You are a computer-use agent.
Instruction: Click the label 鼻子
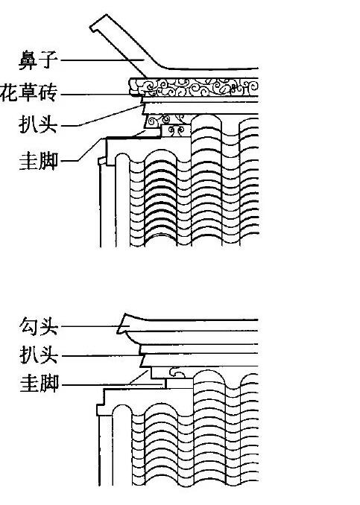point(38,60)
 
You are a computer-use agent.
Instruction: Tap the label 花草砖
point(28,93)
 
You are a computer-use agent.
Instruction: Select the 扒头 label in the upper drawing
point(38,124)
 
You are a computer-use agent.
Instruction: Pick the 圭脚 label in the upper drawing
point(39,161)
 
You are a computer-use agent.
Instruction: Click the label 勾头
point(39,326)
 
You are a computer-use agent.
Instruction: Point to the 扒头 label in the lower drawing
point(39,355)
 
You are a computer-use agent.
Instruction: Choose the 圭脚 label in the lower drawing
point(39,384)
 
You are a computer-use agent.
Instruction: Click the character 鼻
point(28,60)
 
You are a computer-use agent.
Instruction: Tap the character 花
point(9,93)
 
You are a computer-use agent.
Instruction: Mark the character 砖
point(48,93)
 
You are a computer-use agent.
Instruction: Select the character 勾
point(29,326)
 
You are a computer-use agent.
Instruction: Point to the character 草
point(28,93)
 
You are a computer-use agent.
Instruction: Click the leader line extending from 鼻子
point(103,60)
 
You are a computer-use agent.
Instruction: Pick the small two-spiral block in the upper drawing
point(176,131)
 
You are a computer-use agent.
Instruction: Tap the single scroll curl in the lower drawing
point(177,372)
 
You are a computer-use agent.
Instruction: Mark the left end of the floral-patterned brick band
point(131,87)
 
